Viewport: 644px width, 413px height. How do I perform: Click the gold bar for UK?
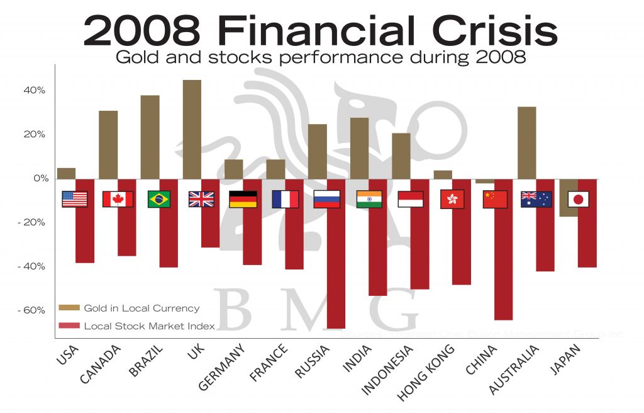(192, 129)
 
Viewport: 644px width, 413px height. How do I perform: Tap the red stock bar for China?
(504, 264)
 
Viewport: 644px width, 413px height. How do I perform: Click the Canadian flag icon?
(118, 200)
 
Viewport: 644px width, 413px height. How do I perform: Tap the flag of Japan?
(578, 200)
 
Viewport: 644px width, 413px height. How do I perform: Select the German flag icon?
(243, 200)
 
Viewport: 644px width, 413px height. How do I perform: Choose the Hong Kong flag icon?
(452, 200)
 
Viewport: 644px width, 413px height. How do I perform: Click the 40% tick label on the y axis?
(35, 91)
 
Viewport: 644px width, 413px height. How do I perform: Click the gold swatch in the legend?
(69, 308)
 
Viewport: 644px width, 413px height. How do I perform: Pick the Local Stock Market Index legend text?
(149, 326)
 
